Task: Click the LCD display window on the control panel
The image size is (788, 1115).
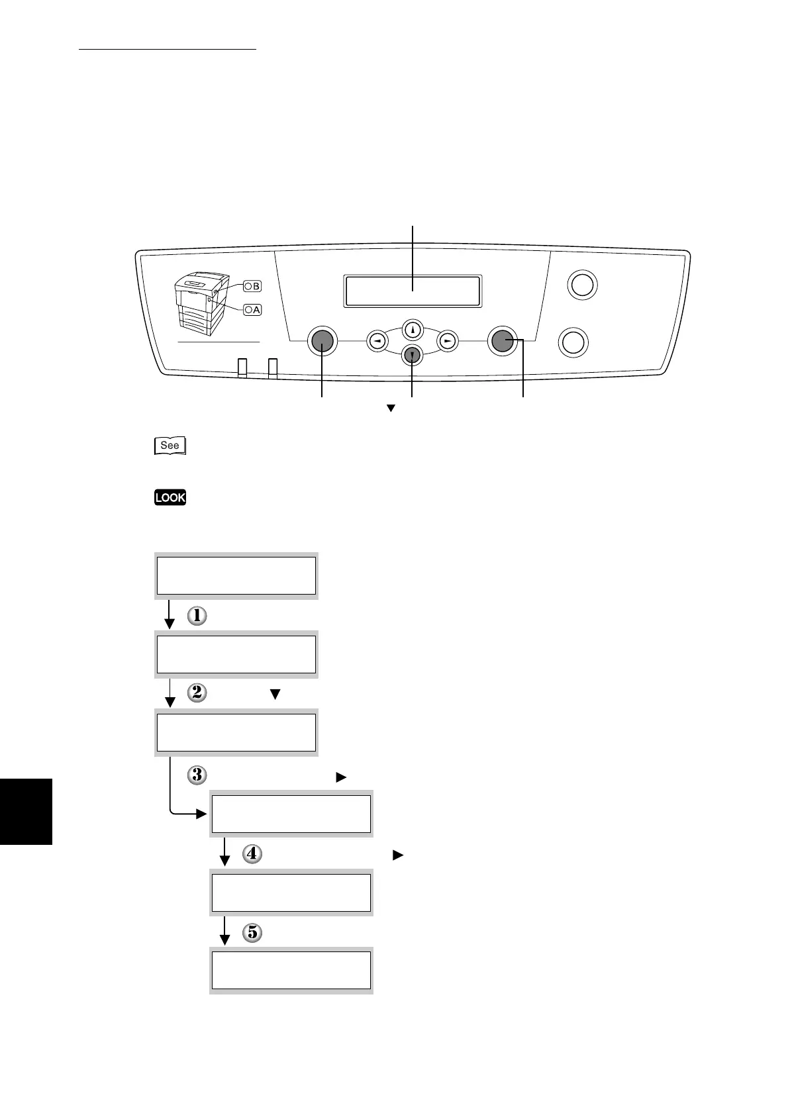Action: (412, 291)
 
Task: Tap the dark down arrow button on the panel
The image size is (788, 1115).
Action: (413, 356)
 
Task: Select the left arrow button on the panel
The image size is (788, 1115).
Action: (377, 340)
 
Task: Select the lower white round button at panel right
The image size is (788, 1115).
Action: (573, 342)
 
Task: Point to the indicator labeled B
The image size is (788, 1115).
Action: (252, 286)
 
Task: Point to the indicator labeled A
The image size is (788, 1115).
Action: (252, 309)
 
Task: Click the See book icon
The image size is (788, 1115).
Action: (170, 446)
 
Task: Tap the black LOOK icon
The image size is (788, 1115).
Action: (170, 497)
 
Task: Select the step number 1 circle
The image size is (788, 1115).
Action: (197, 616)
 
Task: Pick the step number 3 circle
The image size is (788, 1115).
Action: (197, 775)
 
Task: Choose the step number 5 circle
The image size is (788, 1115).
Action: (252, 933)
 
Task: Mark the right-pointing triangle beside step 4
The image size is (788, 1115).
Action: (397, 855)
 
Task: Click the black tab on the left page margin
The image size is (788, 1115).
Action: (26, 811)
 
